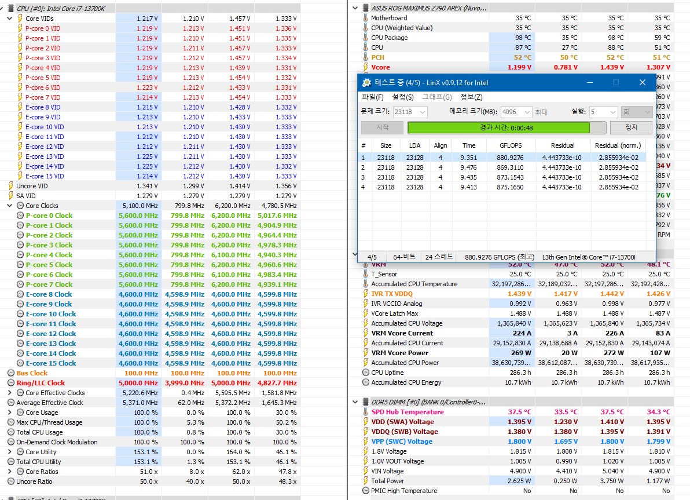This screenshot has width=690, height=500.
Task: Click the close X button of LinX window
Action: pos(642,82)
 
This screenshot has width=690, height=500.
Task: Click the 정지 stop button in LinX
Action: pos(631,127)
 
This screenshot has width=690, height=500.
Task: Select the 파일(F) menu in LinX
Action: pos(372,97)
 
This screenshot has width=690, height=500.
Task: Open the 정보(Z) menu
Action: pos(471,97)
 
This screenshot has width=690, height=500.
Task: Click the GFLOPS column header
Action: pos(511,146)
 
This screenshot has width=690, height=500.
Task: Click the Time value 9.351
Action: pos(469,158)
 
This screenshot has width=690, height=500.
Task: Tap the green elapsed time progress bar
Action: pos(498,127)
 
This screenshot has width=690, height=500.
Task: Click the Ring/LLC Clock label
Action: pos(41,383)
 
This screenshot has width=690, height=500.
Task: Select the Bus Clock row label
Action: pos(32,373)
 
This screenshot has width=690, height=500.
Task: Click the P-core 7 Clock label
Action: pos(49,284)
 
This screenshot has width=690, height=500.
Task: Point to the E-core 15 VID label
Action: pos(45,176)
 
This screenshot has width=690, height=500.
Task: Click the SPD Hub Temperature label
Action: pos(408,412)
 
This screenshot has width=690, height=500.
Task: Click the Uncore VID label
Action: pos(32,186)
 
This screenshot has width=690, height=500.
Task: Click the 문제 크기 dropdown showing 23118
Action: pos(410,112)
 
